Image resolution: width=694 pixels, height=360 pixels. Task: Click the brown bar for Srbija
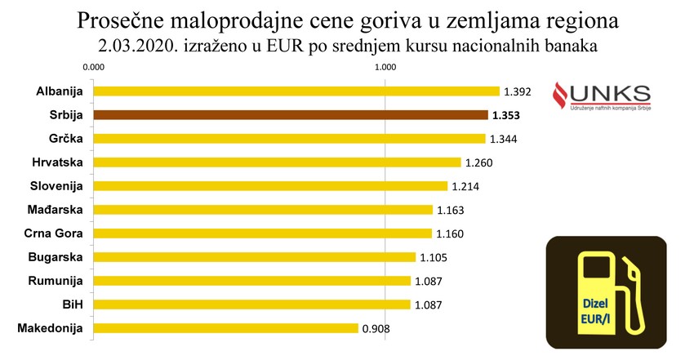tap(290, 115)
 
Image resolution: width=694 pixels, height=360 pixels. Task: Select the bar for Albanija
tap(296, 91)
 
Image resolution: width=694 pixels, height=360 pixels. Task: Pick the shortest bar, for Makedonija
tap(225, 328)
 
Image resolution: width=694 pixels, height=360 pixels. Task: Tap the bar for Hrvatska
tap(277, 162)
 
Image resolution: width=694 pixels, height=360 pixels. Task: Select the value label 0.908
tap(377, 329)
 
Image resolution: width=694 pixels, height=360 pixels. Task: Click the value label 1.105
tap(434, 258)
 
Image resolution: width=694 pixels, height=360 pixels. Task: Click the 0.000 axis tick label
tap(94, 68)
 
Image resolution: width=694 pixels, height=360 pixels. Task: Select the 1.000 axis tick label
tap(385, 68)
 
